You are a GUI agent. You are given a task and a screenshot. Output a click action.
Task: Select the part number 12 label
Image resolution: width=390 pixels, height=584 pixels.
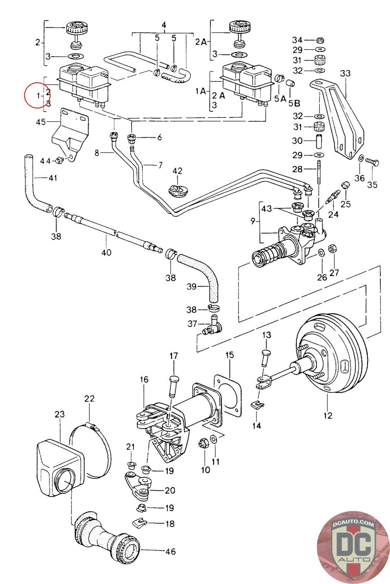pyautogui.click(x=328, y=415)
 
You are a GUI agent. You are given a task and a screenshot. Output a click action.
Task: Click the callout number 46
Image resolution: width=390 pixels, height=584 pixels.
pyautogui.click(x=170, y=552)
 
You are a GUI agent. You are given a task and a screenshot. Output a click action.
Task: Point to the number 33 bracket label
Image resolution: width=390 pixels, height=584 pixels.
pyautogui.click(x=345, y=73)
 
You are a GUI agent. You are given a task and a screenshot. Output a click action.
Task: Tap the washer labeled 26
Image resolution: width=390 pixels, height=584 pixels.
pyautogui.click(x=321, y=253)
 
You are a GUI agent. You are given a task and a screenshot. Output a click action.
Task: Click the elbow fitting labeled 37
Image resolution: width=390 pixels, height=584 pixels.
pyautogui.click(x=214, y=325)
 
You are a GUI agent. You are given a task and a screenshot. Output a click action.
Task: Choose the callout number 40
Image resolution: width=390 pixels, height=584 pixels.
pyautogui.click(x=106, y=252)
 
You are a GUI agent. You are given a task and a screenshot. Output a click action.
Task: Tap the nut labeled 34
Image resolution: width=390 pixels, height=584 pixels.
pyautogui.click(x=319, y=40)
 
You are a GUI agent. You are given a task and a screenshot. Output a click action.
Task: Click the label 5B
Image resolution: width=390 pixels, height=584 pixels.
pyautogui.click(x=294, y=103)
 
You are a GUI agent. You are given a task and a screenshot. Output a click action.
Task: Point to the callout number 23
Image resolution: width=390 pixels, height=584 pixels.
pyautogui.click(x=60, y=414)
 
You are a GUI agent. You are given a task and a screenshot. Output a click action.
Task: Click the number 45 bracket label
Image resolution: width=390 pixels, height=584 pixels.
pyautogui.click(x=41, y=122)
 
